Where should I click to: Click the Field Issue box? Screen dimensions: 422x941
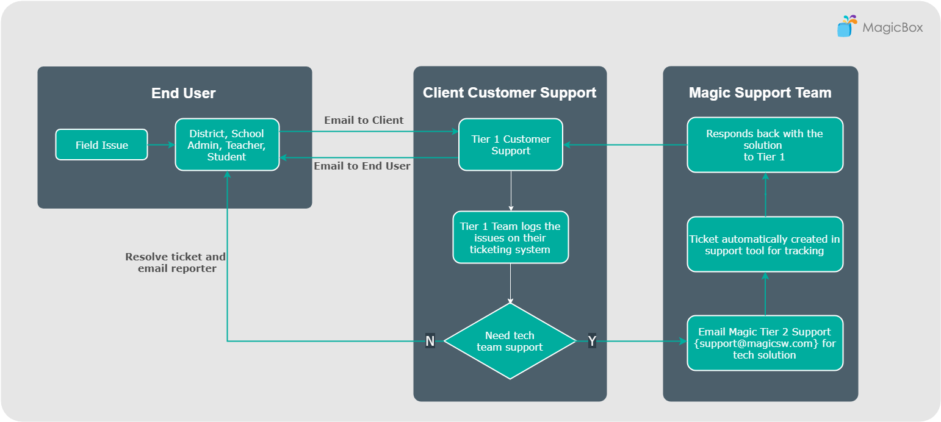click(101, 145)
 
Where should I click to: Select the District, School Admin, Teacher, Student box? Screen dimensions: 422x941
click(227, 145)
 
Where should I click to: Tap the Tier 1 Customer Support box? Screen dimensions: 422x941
click(510, 145)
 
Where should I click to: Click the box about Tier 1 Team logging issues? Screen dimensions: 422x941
click(510, 237)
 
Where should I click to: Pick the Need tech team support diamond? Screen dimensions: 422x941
click(510, 341)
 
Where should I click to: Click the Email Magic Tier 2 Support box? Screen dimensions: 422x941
click(765, 343)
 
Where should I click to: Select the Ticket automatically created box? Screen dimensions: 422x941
click(765, 245)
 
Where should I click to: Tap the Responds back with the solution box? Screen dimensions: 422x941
click(765, 145)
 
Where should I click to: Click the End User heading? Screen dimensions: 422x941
click(183, 93)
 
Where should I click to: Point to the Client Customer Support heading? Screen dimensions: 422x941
click(510, 93)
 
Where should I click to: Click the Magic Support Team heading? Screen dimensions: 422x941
click(760, 93)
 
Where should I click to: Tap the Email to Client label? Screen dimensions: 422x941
click(364, 120)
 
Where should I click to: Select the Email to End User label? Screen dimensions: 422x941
click(362, 166)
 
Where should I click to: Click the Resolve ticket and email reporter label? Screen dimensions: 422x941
click(176, 262)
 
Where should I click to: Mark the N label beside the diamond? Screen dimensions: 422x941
click(430, 341)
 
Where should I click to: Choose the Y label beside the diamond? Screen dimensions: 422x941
click(591, 341)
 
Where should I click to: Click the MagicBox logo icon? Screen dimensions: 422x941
click(846, 27)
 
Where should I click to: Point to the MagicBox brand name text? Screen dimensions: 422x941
click(892, 27)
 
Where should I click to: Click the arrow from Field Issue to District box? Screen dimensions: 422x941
click(161, 145)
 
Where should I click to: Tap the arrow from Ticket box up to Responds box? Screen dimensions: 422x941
click(765, 195)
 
